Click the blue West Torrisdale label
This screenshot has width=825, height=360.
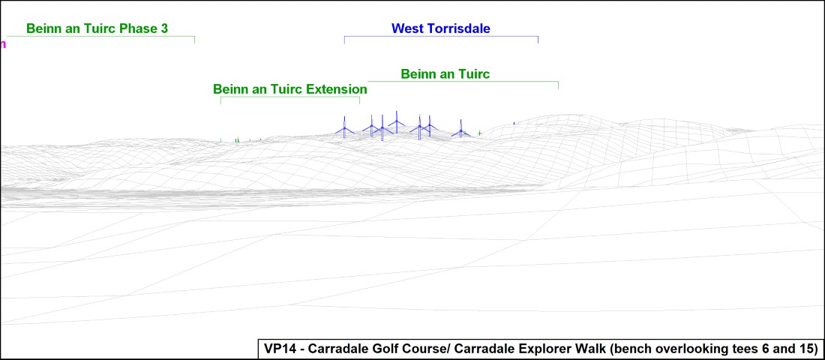[x=440, y=28]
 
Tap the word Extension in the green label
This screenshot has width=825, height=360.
[x=337, y=89]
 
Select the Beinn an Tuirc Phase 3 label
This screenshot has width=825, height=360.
[x=97, y=28]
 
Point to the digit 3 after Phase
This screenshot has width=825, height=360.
[x=165, y=28]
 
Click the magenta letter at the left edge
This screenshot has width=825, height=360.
[x=3, y=43]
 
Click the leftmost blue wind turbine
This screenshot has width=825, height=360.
[x=345, y=127]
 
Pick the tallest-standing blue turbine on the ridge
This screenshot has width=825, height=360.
[x=396, y=122]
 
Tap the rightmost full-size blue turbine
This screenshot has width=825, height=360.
[x=461, y=129]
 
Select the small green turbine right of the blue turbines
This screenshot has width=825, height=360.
[x=479, y=133]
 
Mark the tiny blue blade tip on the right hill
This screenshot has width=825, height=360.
[x=514, y=123]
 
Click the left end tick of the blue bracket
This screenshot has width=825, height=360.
[x=345, y=40]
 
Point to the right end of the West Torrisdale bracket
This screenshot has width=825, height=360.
[x=538, y=40]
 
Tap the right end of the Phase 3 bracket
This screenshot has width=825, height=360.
[x=195, y=40]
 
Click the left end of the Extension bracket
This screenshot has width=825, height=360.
[x=220, y=100]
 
